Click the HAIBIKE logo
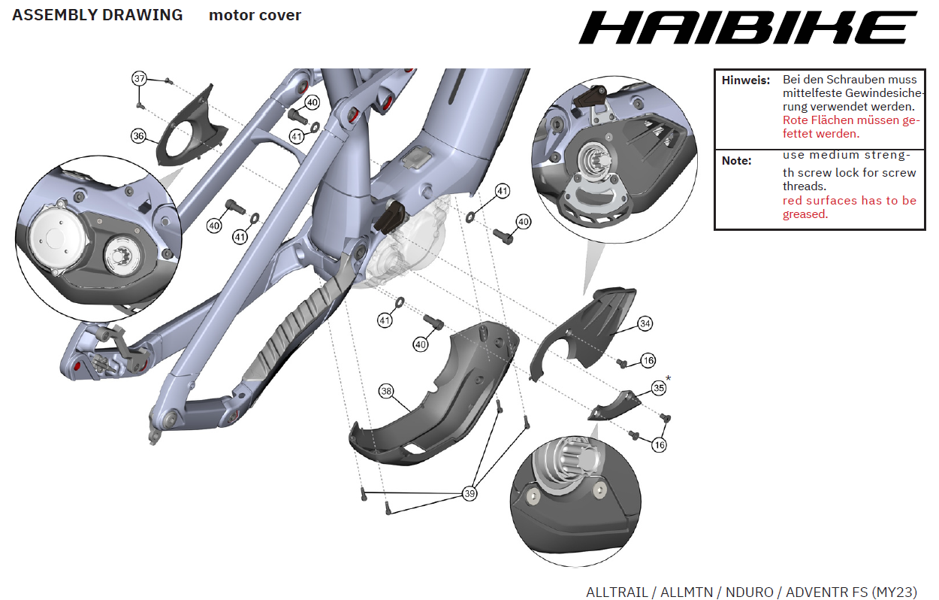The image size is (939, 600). point(748,28)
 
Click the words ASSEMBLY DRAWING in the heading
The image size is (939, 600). point(98,15)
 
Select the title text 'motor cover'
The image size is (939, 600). point(255,16)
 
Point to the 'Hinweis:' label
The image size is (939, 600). point(746,80)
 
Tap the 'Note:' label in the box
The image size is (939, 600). point(736,161)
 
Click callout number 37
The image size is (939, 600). point(139,79)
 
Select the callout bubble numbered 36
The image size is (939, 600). point(138,136)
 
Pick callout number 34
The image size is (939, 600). point(645,323)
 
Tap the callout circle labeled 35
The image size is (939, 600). point(658,388)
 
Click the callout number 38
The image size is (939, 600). point(386,392)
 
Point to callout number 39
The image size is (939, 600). point(469,494)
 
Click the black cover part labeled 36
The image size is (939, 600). point(188,132)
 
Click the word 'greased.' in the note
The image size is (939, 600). point(805,214)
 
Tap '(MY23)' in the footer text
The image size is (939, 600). point(894,592)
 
